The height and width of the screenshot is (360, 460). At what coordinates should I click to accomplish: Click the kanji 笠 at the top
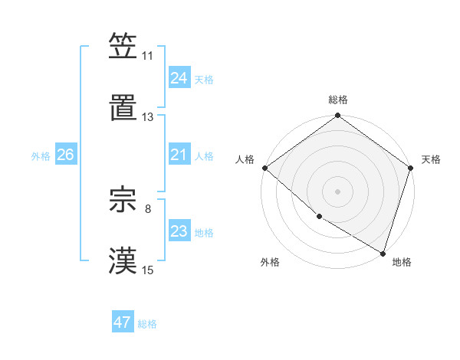(123, 46)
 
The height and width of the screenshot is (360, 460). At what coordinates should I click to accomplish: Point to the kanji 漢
(123, 260)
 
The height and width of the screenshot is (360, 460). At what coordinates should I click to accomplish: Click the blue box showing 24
(179, 78)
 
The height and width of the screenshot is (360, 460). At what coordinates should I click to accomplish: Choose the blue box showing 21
(179, 155)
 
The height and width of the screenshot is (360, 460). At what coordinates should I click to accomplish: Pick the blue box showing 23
(179, 231)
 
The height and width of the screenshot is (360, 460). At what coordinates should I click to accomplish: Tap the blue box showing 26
(65, 155)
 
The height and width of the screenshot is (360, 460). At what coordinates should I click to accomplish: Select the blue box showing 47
(123, 322)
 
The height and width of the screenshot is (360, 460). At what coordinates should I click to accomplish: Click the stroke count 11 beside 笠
(148, 56)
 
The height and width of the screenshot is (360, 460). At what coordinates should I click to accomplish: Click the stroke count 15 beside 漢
(148, 270)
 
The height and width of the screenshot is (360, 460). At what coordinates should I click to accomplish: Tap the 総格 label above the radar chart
(338, 100)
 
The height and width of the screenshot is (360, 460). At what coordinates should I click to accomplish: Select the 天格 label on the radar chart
(432, 159)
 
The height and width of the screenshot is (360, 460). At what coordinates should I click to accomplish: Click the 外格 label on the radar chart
(270, 262)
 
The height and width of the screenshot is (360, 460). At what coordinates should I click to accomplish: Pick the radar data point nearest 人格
(264, 168)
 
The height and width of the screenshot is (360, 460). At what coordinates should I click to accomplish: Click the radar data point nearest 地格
(383, 253)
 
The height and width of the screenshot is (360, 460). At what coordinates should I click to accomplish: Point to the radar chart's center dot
(337, 191)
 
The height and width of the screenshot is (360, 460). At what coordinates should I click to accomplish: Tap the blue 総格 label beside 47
(147, 324)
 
